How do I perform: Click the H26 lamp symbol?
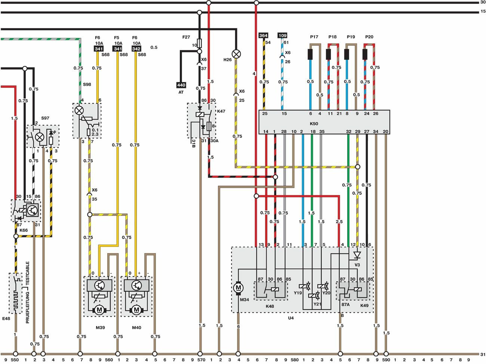point(236,54)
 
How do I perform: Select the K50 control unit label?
point(314,124)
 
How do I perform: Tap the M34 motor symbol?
point(239,288)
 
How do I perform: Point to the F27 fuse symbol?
point(199,42)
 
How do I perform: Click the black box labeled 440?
point(181,85)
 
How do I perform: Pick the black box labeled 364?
point(263,36)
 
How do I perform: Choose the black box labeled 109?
point(282,36)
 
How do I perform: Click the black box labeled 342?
point(136,49)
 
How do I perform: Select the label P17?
point(314,37)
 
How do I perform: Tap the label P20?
point(369,37)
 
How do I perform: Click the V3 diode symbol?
point(357,255)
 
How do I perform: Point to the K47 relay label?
point(221,111)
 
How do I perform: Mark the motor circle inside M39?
point(99,310)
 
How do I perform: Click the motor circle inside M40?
point(136,310)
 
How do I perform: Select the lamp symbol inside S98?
point(79,110)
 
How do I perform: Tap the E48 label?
point(6,319)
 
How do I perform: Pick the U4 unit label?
point(291,318)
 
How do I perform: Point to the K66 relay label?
point(24,230)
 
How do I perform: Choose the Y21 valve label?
point(317,304)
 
